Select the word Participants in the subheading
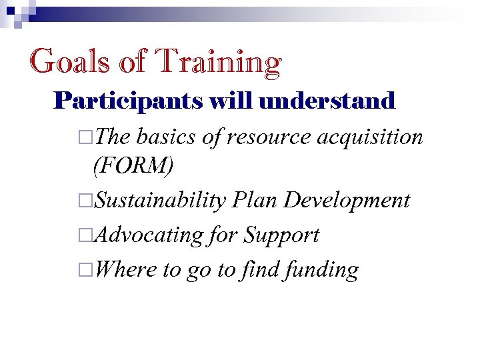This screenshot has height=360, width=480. point(129,101)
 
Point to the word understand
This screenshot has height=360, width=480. point(329,101)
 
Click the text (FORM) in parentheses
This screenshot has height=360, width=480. point(133,165)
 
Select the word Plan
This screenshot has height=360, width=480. point(255,199)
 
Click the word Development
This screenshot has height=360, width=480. point(347,200)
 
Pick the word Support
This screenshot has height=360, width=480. point(281,235)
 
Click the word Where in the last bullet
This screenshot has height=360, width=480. point(127,269)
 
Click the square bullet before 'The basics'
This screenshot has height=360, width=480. point(83,138)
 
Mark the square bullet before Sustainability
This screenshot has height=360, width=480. point(83,201)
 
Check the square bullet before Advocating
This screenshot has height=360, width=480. point(83,235)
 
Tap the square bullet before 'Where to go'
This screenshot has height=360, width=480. point(83,270)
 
